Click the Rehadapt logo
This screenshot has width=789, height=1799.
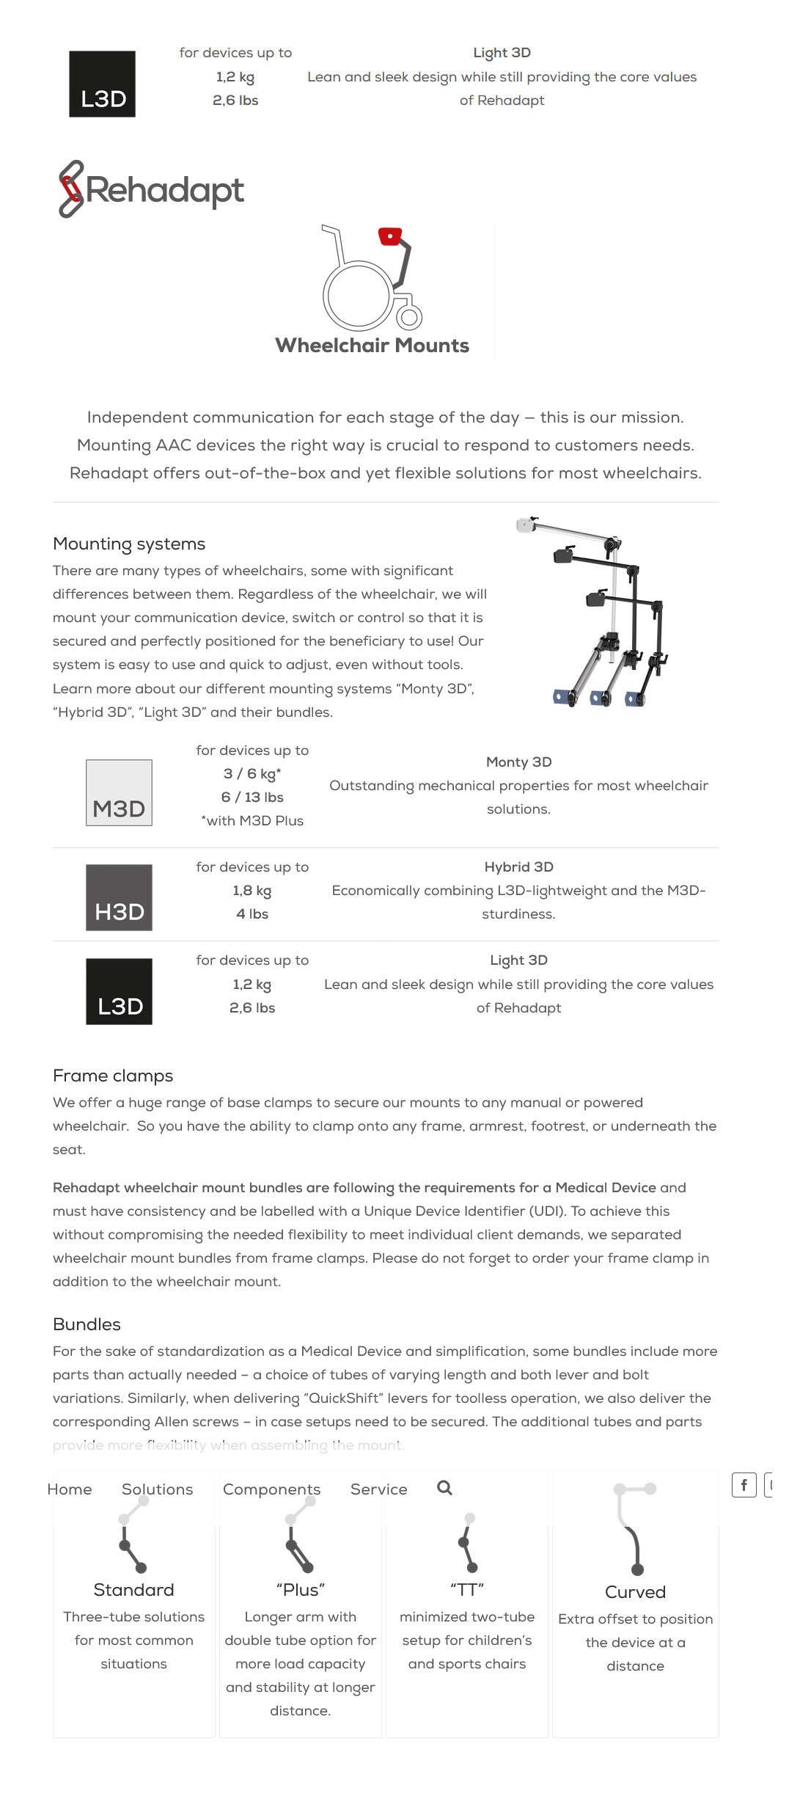click(151, 189)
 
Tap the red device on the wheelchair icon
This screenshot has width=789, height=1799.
click(390, 236)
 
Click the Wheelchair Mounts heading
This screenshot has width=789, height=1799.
click(372, 346)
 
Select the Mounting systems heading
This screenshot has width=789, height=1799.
click(129, 544)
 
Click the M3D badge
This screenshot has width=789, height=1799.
click(119, 792)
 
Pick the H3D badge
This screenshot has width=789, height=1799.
click(119, 897)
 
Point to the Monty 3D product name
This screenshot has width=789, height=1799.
click(518, 762)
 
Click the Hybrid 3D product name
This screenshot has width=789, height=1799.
click(518, 867)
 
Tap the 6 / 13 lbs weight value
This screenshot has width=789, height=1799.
click(252, 798)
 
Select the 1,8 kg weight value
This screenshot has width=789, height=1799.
click(252, 891)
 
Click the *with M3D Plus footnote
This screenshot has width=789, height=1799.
click(252, 821)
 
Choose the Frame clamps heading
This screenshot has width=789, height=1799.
click(113, 1076)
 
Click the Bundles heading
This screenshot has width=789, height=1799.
click(87, 1324)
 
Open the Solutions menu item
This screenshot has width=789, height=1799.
click(158, 1489)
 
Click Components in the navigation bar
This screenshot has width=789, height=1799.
click(272, 1489)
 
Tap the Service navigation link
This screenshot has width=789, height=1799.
click(379, 1489)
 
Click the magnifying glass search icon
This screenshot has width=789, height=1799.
click(444, 1488)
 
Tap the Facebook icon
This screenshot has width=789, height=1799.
click(744, 1485)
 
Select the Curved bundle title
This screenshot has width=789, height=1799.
click(635, 1592)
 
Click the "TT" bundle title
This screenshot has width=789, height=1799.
click(467, 1590)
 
